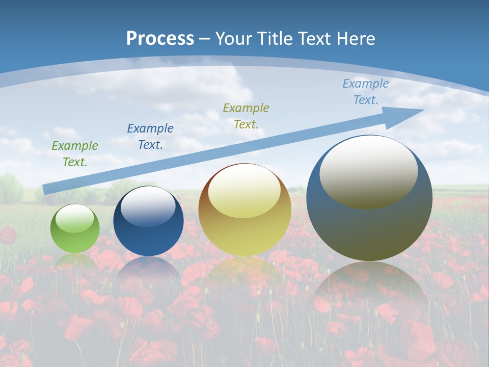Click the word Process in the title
coord(160,39)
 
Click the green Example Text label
coord(75,153)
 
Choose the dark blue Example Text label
coord(150,136)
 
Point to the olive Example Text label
coord(246,116)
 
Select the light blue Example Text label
coord(365,91)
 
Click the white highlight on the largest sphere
coord(368,172)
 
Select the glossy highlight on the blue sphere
coord(148,206)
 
